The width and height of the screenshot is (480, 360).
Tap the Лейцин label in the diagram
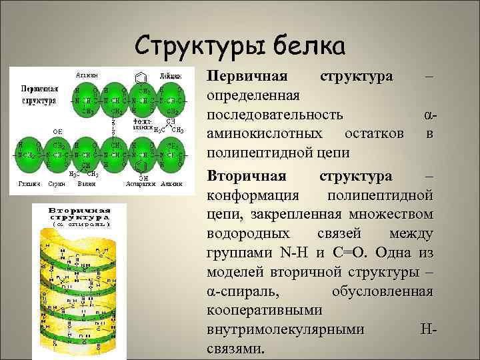[169, 75]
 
